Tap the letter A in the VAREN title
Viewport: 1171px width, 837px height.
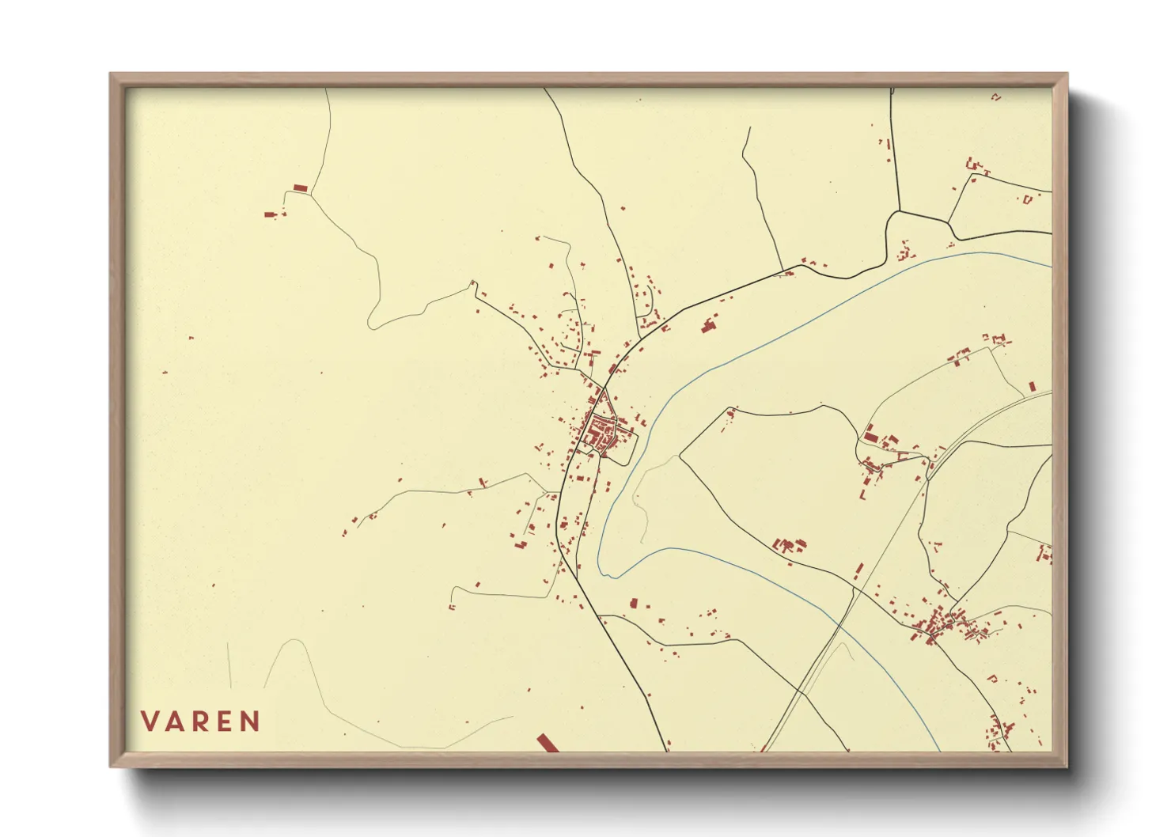pos(176,721)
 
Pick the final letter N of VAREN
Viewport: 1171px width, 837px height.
pos(252,721)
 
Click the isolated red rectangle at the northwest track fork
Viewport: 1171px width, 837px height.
pos(300,187)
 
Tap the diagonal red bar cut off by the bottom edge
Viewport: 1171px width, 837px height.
pos(547,743)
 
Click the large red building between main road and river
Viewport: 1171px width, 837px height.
pos(708,325)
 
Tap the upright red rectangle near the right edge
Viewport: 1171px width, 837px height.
pos(1032,386)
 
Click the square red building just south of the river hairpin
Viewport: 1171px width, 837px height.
pos(633,603)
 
